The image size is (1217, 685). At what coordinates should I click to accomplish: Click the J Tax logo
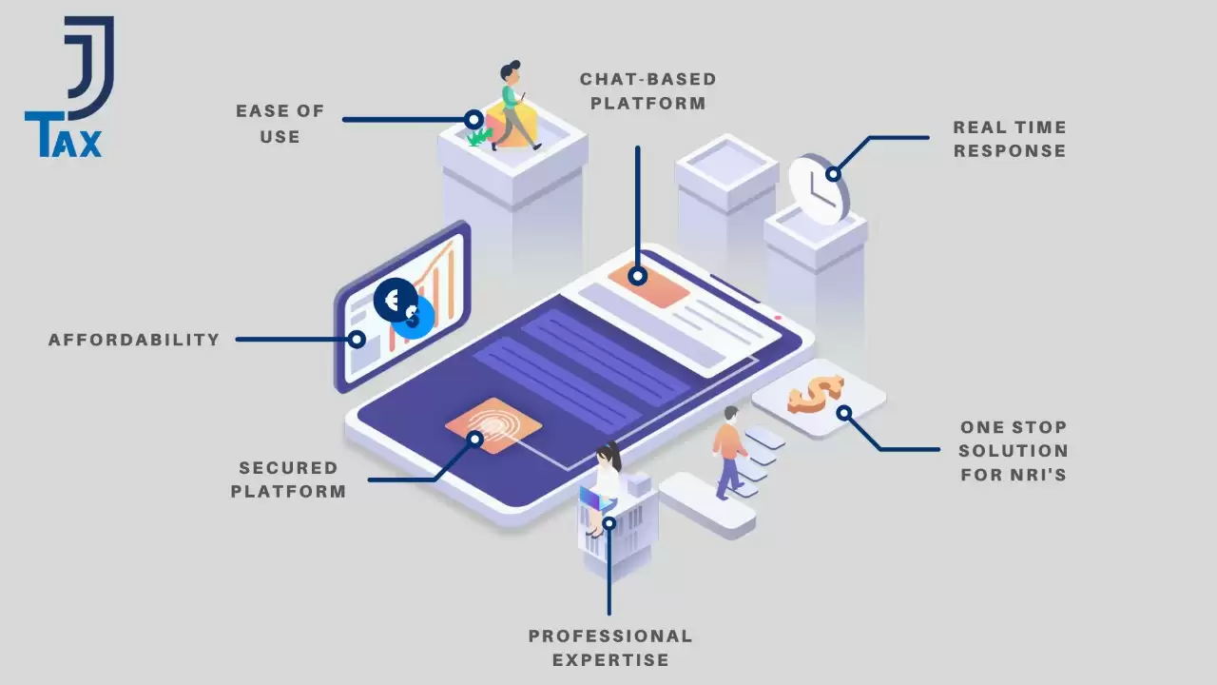(69, 87)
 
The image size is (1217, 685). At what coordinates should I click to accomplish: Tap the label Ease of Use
(280, 124)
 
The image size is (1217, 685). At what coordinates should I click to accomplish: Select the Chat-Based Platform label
(648, 91)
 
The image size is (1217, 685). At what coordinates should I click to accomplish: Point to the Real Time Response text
(1010, 139)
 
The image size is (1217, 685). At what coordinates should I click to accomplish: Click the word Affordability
(134, 340)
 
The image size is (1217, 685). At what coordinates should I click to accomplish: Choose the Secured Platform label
(288, 479)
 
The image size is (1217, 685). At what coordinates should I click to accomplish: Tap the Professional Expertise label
(610, 648)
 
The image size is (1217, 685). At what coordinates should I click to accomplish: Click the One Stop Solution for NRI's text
(1014, 451)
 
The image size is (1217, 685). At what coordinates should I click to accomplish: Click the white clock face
(815, 189)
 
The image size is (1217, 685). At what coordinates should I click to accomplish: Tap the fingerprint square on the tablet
(493, 425)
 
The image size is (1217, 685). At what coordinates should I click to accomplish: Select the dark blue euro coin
(395, 300)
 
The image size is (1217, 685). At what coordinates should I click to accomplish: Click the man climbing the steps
(729, 452)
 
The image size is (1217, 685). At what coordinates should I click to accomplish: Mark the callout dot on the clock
(833, 174)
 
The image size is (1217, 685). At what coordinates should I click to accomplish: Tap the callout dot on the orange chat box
(637, 276)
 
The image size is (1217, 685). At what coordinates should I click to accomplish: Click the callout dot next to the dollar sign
(843, 413)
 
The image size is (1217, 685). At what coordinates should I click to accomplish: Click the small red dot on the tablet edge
(778, 318)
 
